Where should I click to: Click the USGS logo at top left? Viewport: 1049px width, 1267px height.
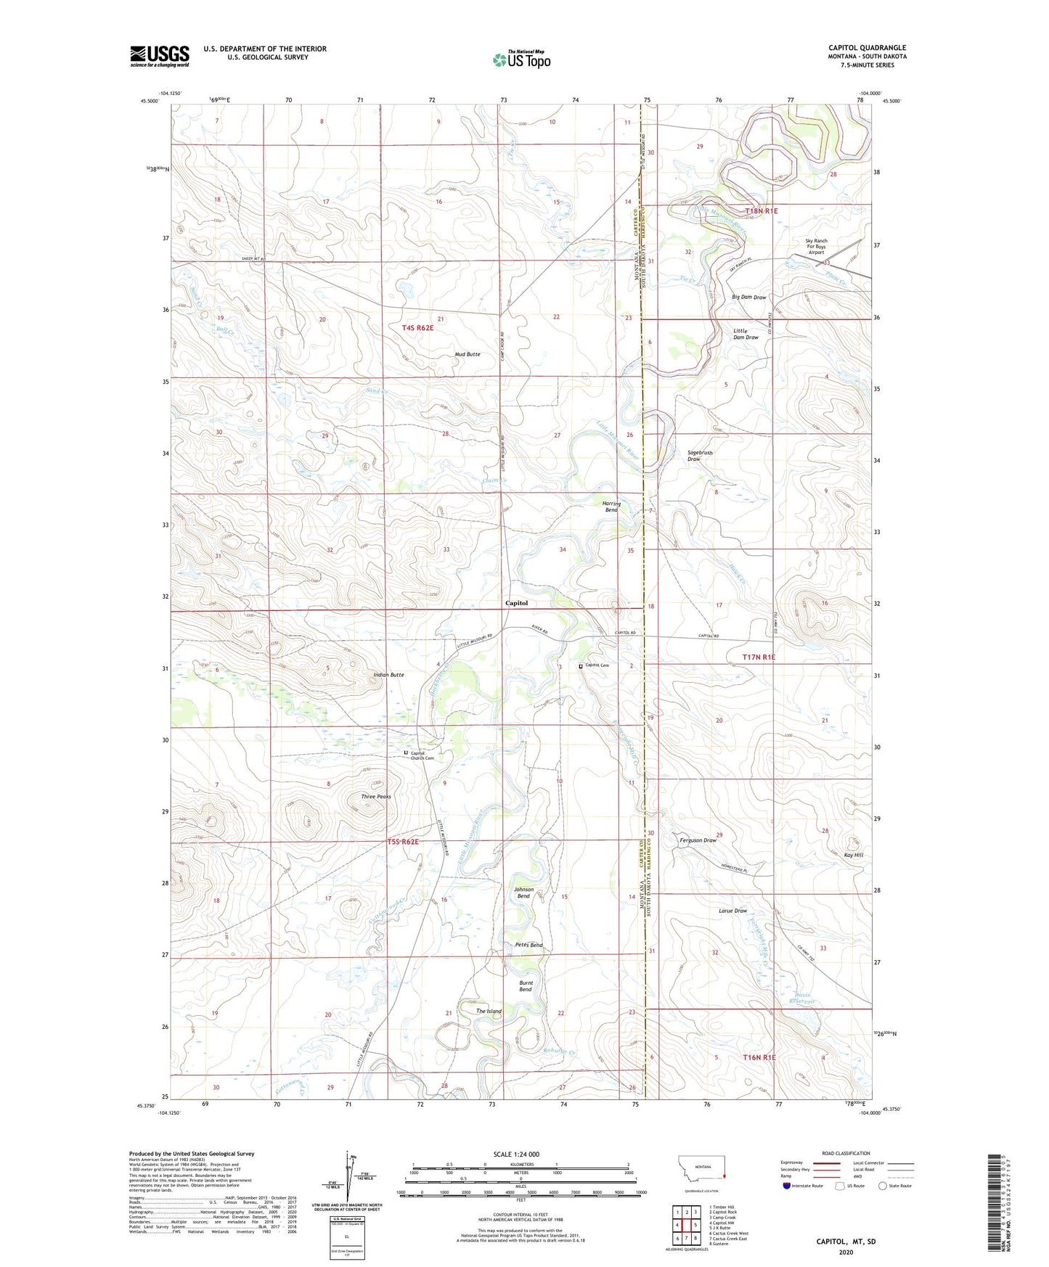(x=160, y=56)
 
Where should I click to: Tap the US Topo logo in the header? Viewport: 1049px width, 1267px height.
(x=521, y=60)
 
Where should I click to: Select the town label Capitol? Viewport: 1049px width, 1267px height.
(x=516, y=603)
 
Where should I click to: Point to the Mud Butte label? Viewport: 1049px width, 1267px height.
(x=468, y=354)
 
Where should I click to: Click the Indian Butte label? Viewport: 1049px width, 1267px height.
(x=388, y=675)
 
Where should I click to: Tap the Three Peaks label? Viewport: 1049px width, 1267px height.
(x=376, y=797)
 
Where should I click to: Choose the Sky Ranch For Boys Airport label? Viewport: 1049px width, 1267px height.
(x=816, y=247)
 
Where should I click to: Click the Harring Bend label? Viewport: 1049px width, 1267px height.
(x=611, y=507)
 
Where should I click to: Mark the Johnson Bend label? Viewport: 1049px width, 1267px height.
(x=523, y=893)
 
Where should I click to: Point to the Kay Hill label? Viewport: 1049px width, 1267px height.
(x=854, y=855)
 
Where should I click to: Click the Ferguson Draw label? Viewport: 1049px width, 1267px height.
(x=698, y=840)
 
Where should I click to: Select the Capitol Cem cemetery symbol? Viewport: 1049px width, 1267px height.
(x=581, y=665)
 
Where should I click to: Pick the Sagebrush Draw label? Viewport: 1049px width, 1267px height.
(x=700, y=455)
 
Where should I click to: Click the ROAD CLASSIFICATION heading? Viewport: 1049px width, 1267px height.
(x=846, y=1153)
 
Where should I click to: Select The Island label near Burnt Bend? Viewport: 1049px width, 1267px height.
(x=489, y=1011)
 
